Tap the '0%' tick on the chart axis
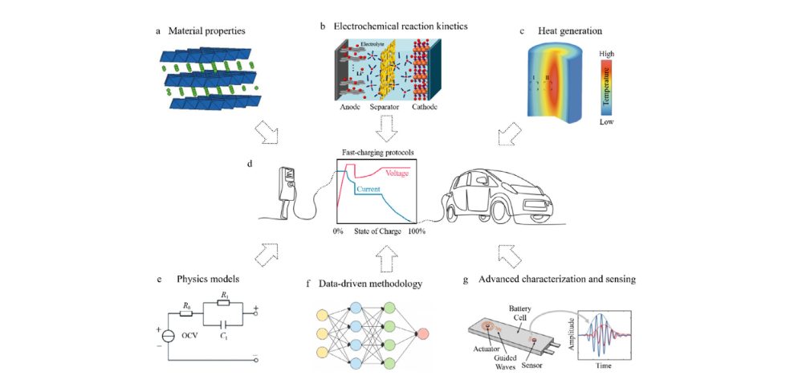pyautogui.click(x=338, y=231)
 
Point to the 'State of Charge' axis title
pyautogui.click(x=377, y=231)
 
